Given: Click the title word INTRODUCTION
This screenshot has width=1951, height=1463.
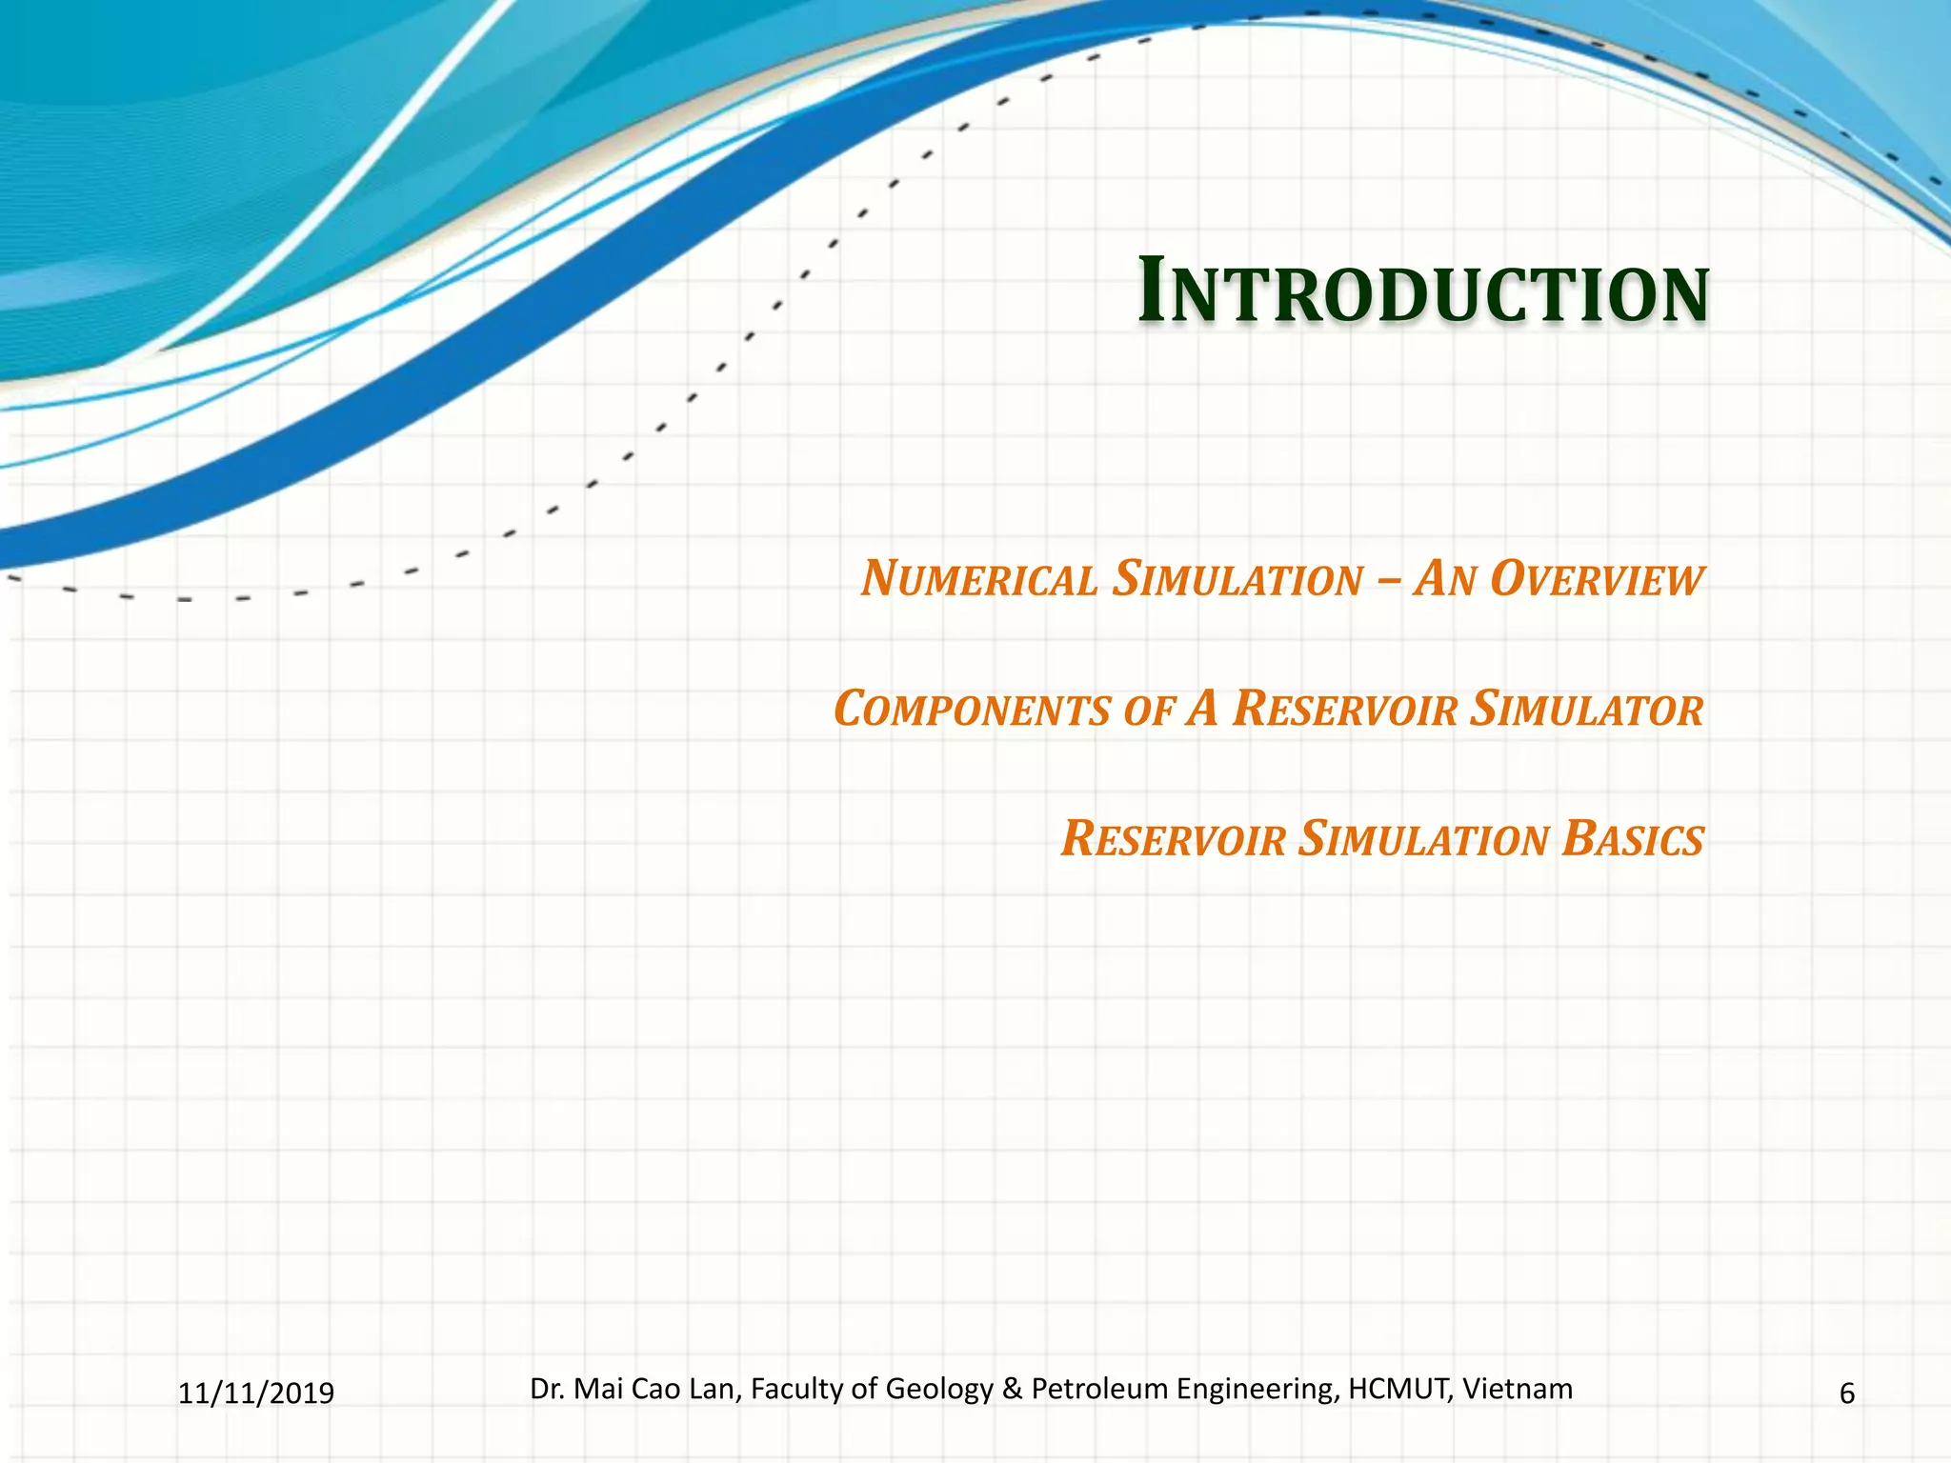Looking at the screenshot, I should (1423, 292).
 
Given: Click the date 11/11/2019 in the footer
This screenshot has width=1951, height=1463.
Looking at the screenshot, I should (256, 1393).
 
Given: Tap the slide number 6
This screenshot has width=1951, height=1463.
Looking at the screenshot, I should (1846, 1393).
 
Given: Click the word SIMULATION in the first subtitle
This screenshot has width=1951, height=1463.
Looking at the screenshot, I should (1237, 580).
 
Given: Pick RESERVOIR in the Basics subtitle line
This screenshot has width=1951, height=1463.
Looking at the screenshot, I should (1174, 840).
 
